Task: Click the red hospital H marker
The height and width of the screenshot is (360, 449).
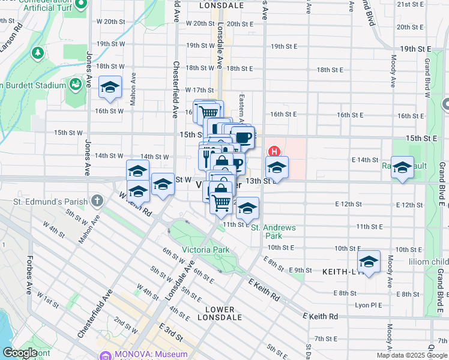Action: tap(274, 151)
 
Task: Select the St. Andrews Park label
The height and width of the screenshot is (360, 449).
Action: tap(273, 232)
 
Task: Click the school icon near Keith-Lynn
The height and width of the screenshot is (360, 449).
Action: tap(369, 262)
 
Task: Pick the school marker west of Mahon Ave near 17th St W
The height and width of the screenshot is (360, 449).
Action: tap(110, 88)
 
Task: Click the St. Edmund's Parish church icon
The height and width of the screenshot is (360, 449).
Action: tap(98, 199)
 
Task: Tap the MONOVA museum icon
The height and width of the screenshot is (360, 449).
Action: tap(106, 355)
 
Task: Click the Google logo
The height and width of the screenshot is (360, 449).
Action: tap(19, 353)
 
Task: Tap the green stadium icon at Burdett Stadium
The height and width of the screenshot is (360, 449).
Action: tap(76, 84)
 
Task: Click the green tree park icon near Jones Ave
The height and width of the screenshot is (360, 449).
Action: tap(38, 53)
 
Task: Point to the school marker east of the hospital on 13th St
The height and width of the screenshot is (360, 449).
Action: tap(277, 168)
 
